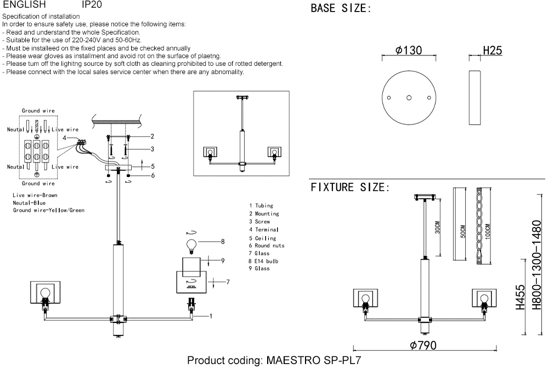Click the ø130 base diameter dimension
click(x=409, y=51)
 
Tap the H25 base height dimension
click(x=492, y=51)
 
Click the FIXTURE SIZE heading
click(x=350, y=188)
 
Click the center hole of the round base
click(x=409, y=98)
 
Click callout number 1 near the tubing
click(x=211, y=316)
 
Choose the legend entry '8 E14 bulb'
click(x=263, y=261)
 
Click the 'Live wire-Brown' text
click(x=35, y=195)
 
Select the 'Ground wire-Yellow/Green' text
click(x=49, y=210)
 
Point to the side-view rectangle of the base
click(x=474, y=98)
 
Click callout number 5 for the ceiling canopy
click(x=153, y=166)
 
